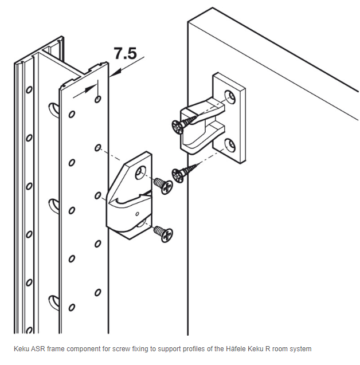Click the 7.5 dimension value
[125, 53]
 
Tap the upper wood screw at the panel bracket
[185, 123]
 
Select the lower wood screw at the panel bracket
[185, 172]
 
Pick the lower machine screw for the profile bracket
[163, 234]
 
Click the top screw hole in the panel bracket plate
[230, 97]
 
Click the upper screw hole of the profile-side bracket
[140, 172]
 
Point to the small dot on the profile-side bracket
[137, 214]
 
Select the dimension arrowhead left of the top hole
[91, 89]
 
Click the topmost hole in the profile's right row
[98, 99]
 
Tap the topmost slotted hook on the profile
[54, 110]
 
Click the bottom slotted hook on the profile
[54, 303]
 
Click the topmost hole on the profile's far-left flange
[29, 89]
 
